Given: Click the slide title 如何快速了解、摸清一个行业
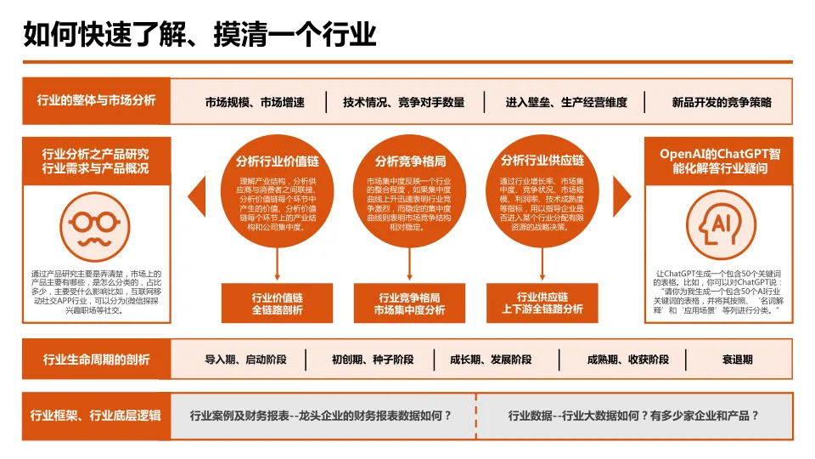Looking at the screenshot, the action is click(200, 35).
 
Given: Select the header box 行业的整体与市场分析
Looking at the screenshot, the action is click(96, 100).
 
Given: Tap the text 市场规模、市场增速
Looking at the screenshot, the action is click(255, 102).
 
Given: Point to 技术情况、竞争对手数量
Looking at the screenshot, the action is click(404, 102).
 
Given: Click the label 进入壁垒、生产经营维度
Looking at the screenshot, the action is click(567, 102).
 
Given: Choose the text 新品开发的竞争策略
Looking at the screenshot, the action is click(722, 102).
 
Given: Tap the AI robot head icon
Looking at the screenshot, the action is click(719, 222).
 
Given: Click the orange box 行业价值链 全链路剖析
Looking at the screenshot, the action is click(277, 303).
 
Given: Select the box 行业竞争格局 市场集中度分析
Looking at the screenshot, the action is click(410, 303).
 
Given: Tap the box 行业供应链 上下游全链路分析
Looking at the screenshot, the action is click(542, 303).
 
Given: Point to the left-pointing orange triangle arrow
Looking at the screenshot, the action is click(197, 195).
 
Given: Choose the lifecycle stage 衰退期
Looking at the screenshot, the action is click(738, 360).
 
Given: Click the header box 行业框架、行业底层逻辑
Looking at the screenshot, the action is click(96, 416).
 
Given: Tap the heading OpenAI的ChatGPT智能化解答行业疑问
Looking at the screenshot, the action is click(719, 161).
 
